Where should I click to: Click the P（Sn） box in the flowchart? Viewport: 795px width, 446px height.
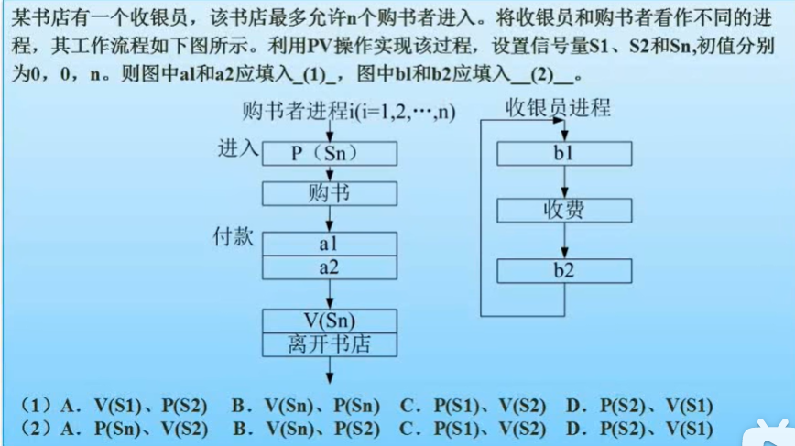point(330,152)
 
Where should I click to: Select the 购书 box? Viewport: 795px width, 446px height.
point(330,193)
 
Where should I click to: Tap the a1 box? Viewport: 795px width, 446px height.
point(330,244)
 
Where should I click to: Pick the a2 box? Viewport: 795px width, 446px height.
point(330,267)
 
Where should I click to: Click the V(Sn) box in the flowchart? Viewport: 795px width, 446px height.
point(330,321)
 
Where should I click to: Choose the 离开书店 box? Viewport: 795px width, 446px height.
point(330,344)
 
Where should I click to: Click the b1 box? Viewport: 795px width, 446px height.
point(564,153)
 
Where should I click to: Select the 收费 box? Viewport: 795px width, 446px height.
point(564,211)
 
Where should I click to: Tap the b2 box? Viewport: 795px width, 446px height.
point(564,270)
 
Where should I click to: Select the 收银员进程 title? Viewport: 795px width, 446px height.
point(558,108)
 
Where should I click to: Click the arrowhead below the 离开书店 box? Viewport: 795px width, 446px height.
point(330,375)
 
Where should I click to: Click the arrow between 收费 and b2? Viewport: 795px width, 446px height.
point(564,242)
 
